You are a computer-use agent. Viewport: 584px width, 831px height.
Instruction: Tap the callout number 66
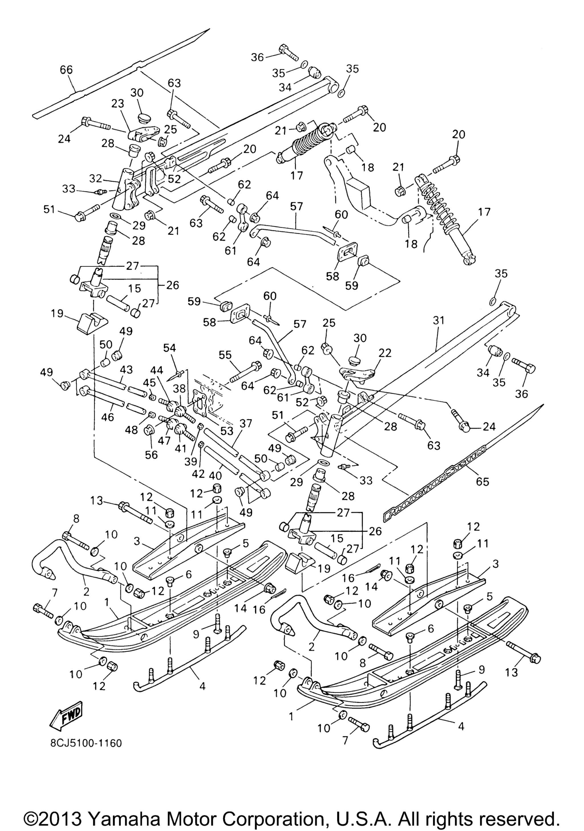click(66, 70)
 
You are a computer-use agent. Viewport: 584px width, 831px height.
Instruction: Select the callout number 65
click(482, 482)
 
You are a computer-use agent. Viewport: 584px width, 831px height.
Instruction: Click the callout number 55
click(225, 355)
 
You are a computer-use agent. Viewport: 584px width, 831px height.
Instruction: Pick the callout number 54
click(169, 348)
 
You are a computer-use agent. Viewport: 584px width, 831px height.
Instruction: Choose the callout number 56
click(151, 455)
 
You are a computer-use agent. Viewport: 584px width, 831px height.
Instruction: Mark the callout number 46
click(108, 417)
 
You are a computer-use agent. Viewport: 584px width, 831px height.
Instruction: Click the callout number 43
click(126, 369)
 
